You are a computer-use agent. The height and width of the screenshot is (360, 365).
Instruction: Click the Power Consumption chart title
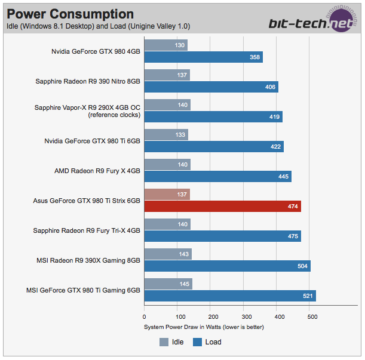(70, 14)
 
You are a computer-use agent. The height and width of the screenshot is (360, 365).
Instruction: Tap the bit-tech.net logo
(314, 22)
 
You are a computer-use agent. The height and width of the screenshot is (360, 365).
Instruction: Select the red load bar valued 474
(222, 207)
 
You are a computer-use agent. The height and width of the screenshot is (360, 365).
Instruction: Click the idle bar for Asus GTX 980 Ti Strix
(167, 194)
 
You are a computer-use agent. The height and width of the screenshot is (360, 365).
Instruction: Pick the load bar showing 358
(203, 57)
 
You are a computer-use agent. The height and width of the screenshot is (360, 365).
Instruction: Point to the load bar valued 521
(230, 296)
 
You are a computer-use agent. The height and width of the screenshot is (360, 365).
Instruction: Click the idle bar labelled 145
(168, 284)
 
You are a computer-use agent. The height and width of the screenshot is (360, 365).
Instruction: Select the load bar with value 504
(227, 266)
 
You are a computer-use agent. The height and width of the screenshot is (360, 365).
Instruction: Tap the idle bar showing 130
(165, 45)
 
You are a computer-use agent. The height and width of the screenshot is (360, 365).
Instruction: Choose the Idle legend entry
(171, 342)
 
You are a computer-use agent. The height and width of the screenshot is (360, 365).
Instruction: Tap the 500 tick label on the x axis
(312, 317)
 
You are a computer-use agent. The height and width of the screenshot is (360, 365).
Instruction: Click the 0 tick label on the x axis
(144, 317)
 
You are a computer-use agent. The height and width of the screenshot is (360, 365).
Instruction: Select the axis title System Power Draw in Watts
(204, 327)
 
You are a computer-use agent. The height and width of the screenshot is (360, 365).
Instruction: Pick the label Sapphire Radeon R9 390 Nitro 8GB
(87, 81)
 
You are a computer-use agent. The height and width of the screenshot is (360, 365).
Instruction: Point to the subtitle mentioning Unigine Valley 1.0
(81, 26)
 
